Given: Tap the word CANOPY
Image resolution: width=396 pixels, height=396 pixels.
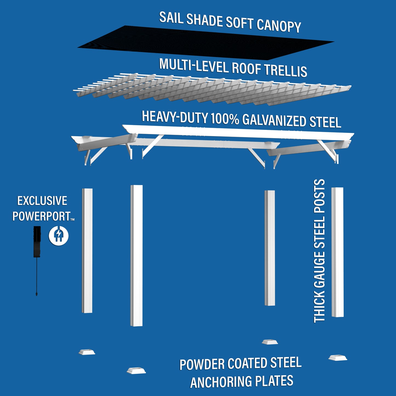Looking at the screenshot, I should (x=279, y=26).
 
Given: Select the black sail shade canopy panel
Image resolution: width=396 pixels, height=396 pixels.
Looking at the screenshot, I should (x=206, y=42).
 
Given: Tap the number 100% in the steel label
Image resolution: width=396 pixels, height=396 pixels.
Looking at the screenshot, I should (x=225, y=119).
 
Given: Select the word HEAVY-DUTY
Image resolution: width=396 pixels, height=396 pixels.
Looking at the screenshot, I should (x=175, y=117).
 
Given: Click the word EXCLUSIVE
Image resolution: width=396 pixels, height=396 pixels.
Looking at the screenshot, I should (x=42, y=201).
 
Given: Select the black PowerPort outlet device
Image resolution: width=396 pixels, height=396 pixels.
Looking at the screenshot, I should (x=37, y=241).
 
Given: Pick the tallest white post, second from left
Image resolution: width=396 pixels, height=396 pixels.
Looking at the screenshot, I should (x=136, y=255).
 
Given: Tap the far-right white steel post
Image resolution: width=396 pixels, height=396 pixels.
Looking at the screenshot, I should (x=337, y=252).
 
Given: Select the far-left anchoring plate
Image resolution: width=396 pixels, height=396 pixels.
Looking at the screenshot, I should (x=87, y=352).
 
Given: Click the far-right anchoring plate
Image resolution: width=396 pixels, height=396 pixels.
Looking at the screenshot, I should (x=338, y=358).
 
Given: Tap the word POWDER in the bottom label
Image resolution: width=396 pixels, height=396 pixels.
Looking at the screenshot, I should (x=202, y=365).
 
